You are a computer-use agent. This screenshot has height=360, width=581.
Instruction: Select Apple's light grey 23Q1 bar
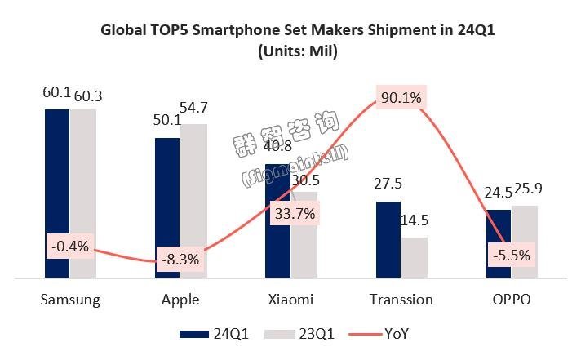(x=193, y=188)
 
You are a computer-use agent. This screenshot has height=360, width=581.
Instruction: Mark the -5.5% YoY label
(x=512, y=255)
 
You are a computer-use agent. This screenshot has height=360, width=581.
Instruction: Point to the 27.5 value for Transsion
(x=388, y=184)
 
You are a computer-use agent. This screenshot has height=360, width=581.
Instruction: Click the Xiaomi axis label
(x=290, y=300)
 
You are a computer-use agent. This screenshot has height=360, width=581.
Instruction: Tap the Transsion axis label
(x=401, y=300)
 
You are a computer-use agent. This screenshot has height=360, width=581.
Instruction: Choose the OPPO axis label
(x=511, y=300)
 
